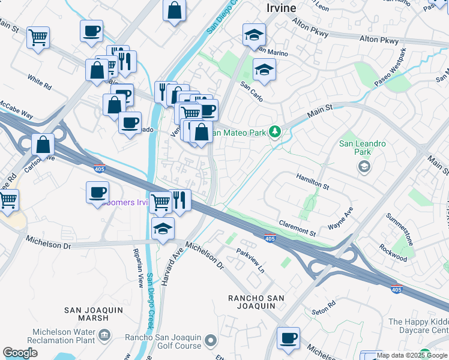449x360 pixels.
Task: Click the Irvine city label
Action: (281, 8)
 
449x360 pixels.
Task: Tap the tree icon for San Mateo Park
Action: (275, 131)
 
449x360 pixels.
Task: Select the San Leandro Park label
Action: (363, 148)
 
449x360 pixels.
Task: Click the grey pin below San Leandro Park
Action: (363, 167)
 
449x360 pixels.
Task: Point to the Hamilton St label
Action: (313, 182)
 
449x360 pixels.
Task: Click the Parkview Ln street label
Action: (250, 261)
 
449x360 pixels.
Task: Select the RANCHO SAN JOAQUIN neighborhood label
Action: (252, 302)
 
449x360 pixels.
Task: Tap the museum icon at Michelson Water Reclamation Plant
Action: (105, 334)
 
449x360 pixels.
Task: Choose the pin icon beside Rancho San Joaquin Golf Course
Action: (210, 341)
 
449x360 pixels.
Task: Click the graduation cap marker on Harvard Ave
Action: (162, 229)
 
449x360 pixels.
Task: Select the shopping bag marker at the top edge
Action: (174, 10)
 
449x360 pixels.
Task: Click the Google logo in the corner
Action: (20, 353)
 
